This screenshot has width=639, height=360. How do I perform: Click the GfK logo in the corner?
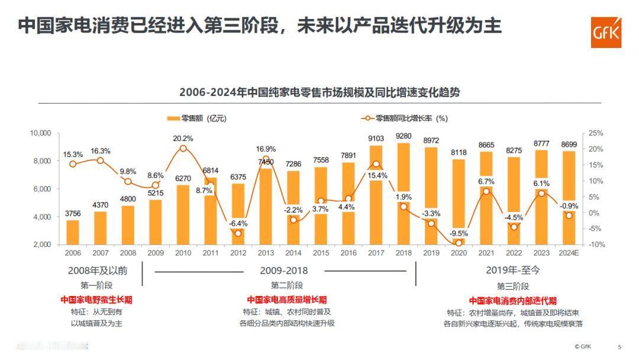[606, 32]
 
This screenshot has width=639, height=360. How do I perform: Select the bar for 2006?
[73, 232]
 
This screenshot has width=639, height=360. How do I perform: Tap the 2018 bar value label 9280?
[404, 136]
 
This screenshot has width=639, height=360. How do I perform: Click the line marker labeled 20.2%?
[183, 148]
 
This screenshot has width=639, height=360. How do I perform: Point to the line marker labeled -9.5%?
[459, 243]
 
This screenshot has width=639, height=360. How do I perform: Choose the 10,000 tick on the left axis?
[41, 133]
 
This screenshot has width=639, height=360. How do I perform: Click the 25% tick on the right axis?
[596, 133]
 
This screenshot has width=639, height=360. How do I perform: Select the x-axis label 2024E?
[569, 253]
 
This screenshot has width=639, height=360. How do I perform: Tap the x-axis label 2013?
[266, 253]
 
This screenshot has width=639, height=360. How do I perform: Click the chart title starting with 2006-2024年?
[319, 92]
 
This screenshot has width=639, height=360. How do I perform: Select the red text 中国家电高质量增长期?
[287, 300]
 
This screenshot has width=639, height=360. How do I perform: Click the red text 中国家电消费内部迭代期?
[513, 300]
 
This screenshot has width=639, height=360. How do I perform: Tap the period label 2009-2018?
[284, 271]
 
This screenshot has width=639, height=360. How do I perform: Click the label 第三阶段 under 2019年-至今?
[513, 285]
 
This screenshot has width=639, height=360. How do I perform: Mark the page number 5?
[619, 347]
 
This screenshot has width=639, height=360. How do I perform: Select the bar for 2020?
[459, 201]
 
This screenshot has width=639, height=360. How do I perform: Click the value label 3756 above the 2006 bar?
[73, 214]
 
